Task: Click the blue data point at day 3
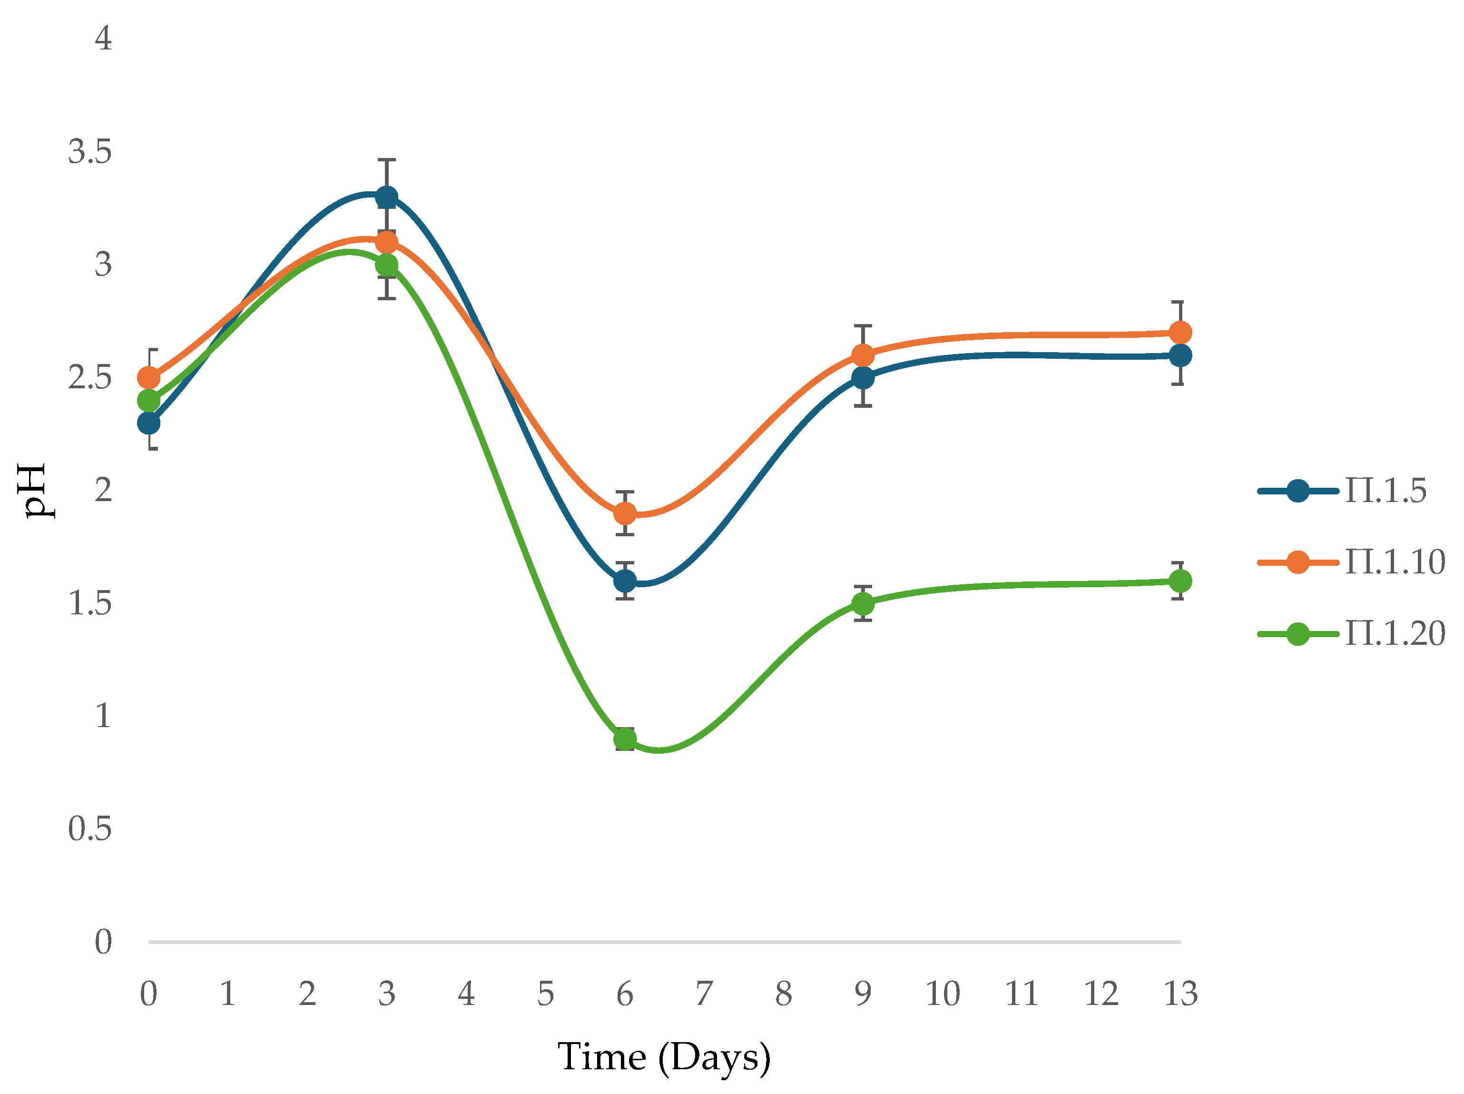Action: click(x=386, y=197)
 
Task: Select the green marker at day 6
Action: click(x=625, y=739)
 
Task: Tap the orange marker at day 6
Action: click(x=625, y=513)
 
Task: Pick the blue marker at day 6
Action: click(x=625, y=581)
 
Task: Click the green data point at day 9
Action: click(x=863, y=603)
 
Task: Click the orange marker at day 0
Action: click(x=149, y=378)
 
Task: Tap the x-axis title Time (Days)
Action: click(x=664, y=1057)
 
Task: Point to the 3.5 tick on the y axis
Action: click(x=90, y=151)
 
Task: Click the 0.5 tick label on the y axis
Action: click(x=90, y=828)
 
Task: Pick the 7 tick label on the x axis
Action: click(x=704, y=994)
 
